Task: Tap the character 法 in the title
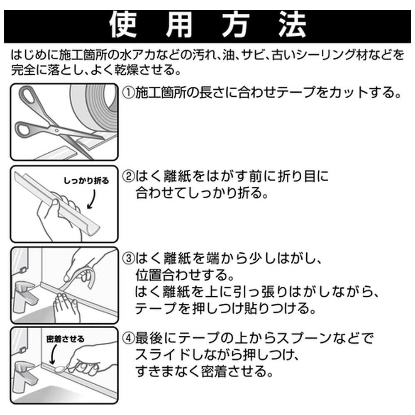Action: pos(292,26)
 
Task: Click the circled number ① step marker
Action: pos(128,93)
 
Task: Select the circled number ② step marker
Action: pos(128,176)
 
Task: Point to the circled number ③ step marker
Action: pos(128,258)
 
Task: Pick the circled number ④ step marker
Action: pos(128,338)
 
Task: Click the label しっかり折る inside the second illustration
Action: pos(86,181)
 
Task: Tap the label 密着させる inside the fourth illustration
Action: pos(66,339)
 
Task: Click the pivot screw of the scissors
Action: pos(56,129)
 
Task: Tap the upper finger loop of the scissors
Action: pos(27,96)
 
